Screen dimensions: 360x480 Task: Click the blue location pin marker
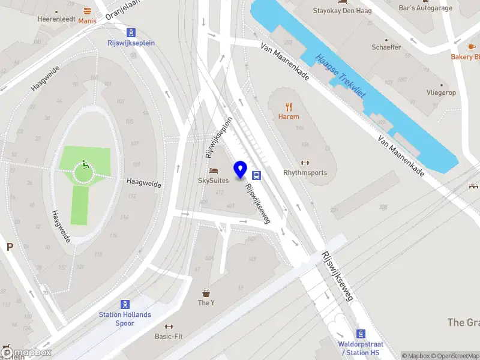[241, 170]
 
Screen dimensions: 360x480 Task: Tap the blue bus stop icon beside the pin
[257, 175]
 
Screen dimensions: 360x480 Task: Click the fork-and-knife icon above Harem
[289, 107]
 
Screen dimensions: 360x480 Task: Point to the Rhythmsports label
[305, 173]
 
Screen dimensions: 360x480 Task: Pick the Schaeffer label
[386, 47]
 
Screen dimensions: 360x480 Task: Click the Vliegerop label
[441, 93]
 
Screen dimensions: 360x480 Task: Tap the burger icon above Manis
[88, 11]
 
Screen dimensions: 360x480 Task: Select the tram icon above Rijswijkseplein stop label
[130, 32]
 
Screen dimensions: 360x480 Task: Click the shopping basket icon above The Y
[206, 293]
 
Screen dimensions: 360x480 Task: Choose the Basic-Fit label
[169, 337]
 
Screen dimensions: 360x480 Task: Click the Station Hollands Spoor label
[125, 319]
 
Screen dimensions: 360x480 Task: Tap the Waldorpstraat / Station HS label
[360, 348]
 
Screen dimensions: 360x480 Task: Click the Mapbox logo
[26, 353]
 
